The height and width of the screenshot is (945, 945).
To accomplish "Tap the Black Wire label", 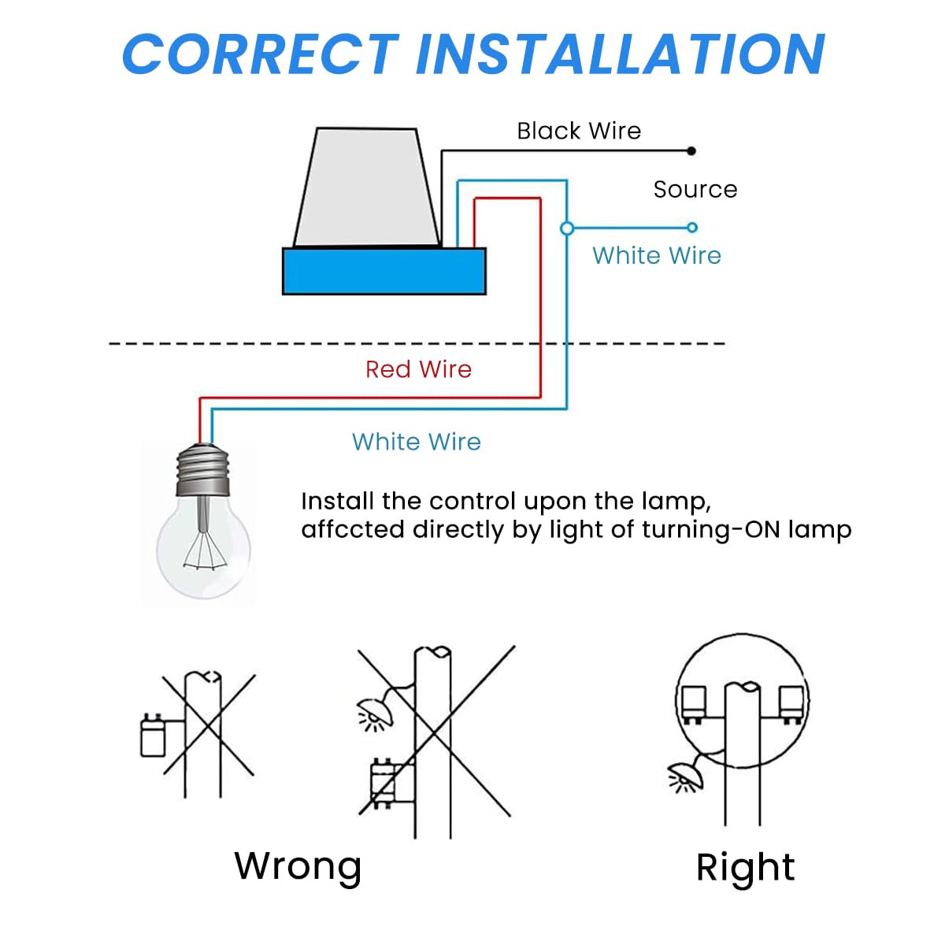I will point(579,131).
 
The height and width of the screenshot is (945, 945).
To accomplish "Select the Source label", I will point(695,189).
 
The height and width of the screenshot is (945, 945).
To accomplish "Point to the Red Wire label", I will point(418,369).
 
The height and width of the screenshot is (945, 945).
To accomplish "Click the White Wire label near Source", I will point(657,255).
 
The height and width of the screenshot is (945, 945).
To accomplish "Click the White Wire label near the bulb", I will point(416,442).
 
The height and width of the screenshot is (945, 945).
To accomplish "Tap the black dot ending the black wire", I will point(691,151).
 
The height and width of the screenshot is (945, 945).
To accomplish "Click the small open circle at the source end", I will point(692,228).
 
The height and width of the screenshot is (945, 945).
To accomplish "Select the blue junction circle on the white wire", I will point(566,228).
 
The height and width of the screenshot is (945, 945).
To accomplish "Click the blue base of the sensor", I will point(384,271).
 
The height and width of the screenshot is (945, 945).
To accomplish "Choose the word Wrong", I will point(298,865).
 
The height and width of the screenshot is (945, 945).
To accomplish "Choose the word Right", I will point(745,867).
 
